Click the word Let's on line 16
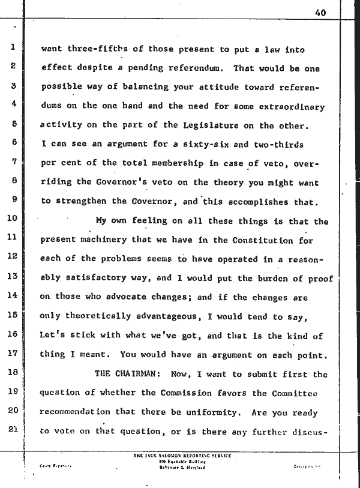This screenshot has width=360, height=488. [53, 336]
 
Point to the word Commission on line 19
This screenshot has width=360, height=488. [199, 393]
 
